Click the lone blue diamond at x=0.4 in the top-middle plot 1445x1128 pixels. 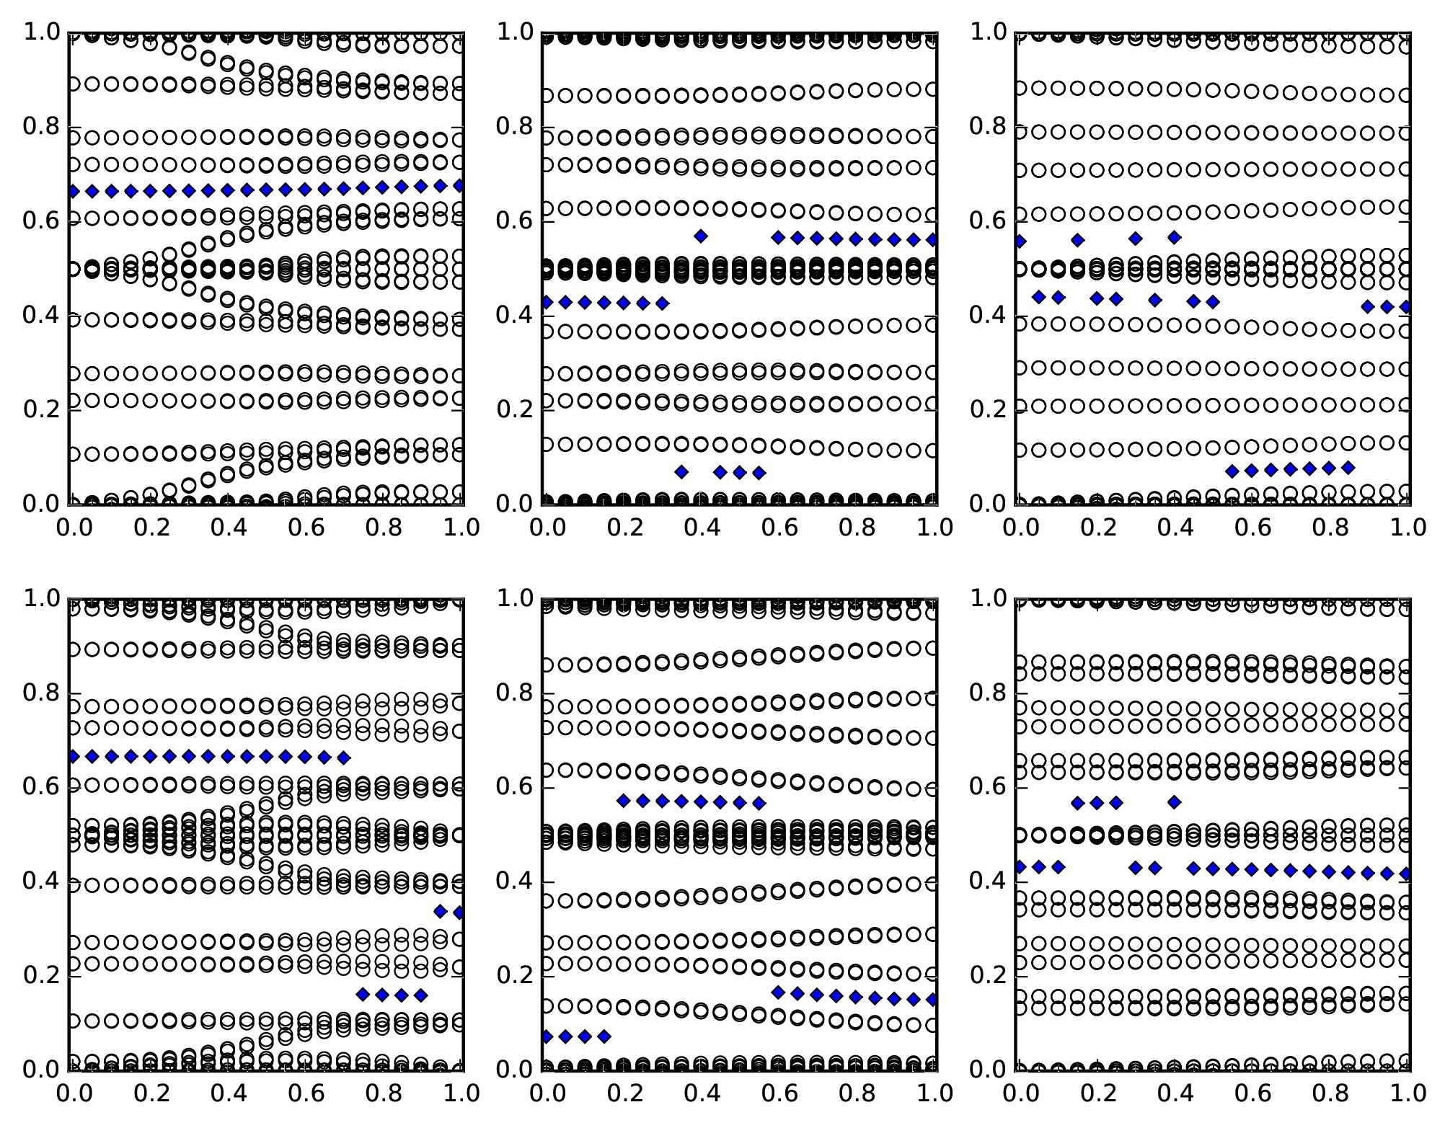pos(700,236)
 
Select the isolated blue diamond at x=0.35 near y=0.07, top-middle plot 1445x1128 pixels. pos(681,472)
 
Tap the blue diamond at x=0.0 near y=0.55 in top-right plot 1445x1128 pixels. pos(1019,241)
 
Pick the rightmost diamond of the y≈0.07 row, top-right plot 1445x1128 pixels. pos(1348,468)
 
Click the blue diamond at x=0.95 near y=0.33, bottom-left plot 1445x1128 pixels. pos(440,912)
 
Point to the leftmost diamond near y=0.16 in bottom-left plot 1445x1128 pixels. pos(363,995)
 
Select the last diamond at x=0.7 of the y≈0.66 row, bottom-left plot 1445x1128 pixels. pos(343,758)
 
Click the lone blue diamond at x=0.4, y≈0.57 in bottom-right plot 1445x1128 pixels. pos(1174,801)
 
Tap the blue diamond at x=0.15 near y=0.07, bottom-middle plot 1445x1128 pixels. pos(604,1036)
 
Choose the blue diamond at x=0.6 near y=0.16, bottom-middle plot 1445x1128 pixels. pos(778,992)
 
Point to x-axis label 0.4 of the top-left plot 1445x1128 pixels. pos(227,528)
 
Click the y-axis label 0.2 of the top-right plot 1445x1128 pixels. pos(989,409)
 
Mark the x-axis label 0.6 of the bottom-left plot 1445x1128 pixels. pos(305,1093)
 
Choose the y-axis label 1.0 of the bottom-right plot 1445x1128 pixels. pos(989,598)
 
